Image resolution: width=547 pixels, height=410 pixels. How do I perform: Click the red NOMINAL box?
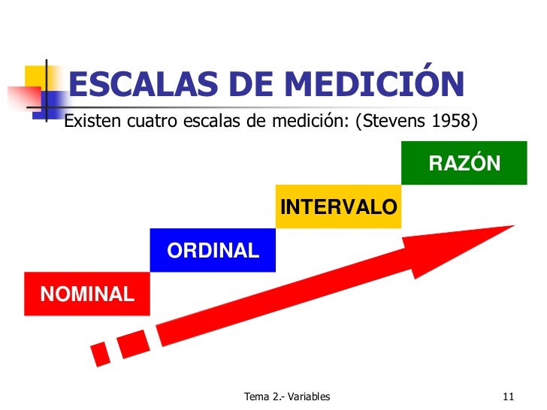[87, 294]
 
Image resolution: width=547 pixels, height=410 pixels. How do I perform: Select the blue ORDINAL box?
[213, 250]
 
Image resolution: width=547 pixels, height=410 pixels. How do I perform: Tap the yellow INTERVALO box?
[338, 207]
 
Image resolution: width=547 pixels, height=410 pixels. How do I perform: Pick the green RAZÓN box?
[464, 163]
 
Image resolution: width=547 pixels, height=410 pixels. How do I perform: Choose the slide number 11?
[508, 396]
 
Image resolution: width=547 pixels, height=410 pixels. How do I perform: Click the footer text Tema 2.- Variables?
[287, 396]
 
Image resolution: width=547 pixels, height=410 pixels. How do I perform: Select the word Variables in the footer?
[306, 396]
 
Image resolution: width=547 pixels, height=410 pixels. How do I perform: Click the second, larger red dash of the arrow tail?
[134, 342]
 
